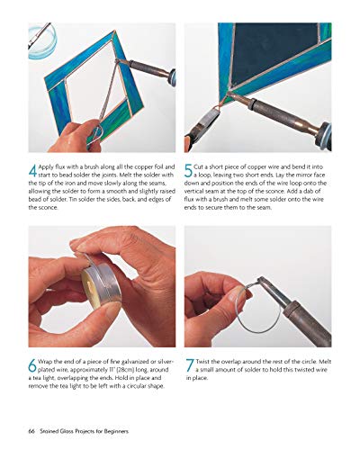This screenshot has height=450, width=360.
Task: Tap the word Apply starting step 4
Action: pos(51,166)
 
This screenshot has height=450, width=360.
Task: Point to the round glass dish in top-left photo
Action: pos(41,40)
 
